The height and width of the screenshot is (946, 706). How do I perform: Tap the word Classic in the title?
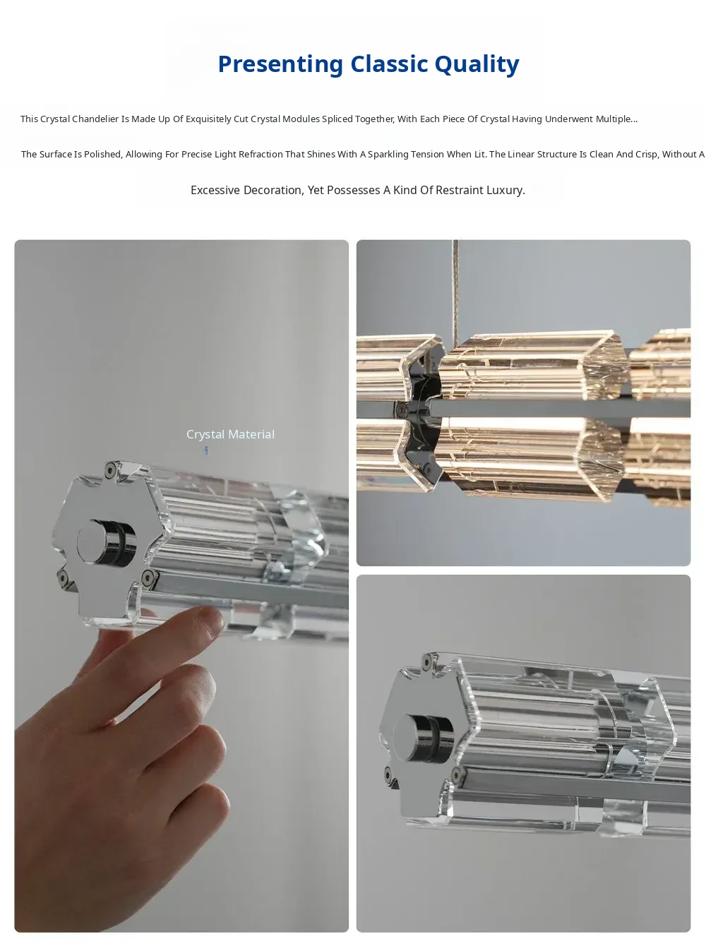coord(389,64)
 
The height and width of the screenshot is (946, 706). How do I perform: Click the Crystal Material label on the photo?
coord(230,434)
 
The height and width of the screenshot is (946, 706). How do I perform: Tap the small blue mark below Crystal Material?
coord(206,450)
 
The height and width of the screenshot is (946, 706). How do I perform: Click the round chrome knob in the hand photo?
coord(106,542)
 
